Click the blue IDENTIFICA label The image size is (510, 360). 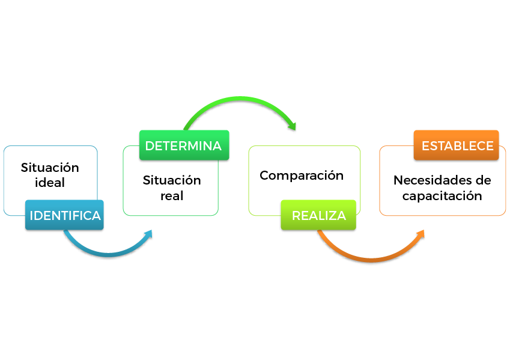pos(65,216)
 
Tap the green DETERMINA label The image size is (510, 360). pos(184,145)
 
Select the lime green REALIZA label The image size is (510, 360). pos(318,216)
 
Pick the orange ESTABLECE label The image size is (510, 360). pos(457,145)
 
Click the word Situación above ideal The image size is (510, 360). pos(50,168)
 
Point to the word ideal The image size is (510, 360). pos(50,183)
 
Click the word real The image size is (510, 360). pos(172,196)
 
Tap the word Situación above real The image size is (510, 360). pos(172,181)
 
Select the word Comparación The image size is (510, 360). pos(302,175)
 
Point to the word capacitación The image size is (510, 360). pos(442,196)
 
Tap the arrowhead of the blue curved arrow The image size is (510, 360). pos(149,233)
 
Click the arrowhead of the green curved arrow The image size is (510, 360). pos(293,127)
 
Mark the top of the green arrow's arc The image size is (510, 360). pos(240,99)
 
